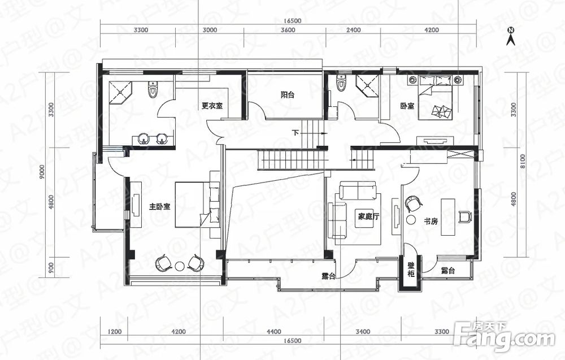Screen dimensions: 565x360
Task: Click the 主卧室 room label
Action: click(160, 207)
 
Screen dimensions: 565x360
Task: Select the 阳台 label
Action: click(287, 95)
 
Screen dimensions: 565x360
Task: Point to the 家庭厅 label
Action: click(368, 216)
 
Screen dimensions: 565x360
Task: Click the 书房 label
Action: click(431, 222)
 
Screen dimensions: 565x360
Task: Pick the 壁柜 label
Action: click(411, 270)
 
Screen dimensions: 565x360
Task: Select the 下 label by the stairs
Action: click(295, 133)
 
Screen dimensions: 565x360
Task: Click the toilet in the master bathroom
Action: click(153, 90)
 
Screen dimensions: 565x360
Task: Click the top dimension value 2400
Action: click(353, 31)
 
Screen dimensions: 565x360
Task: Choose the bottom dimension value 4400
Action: click(274, 332)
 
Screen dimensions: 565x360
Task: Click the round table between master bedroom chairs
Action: click(180, 266)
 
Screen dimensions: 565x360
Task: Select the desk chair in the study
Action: click(465, 216)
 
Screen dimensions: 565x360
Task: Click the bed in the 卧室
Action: click(435, 97)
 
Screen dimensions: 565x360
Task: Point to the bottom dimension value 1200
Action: click(115, 332)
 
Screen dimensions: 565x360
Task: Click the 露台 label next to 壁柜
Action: click(448, 271)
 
